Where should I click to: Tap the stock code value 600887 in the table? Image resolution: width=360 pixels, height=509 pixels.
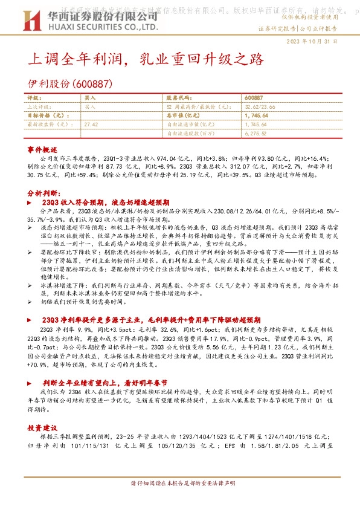click(x=254, y=97)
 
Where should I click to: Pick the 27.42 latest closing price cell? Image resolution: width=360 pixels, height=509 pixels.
click(x=92, y=124)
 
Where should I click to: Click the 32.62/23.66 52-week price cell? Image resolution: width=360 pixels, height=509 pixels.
click(x=260, y=106)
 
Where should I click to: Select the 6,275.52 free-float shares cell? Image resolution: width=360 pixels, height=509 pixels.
click(x=257, y=133)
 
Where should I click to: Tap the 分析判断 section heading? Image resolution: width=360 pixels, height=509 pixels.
click(x=42, y=192)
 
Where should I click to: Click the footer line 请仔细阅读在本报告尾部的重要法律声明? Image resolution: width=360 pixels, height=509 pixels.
click(x=180, y=484)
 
